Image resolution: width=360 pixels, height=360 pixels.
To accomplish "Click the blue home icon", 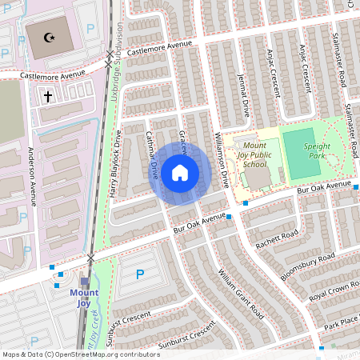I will [179, 172].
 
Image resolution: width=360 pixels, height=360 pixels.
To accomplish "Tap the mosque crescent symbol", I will [47, 38].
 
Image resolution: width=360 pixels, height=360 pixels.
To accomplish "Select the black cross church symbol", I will [47, 96].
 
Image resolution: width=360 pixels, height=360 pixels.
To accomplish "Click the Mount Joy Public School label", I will [254, 153].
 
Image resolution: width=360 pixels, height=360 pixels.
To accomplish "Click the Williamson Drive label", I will [223, 161].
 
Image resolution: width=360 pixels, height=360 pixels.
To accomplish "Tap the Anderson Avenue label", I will [31, 176].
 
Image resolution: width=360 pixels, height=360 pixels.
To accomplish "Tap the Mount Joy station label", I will [83, 297].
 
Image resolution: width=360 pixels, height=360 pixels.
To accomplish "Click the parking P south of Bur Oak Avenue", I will [140, 274].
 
